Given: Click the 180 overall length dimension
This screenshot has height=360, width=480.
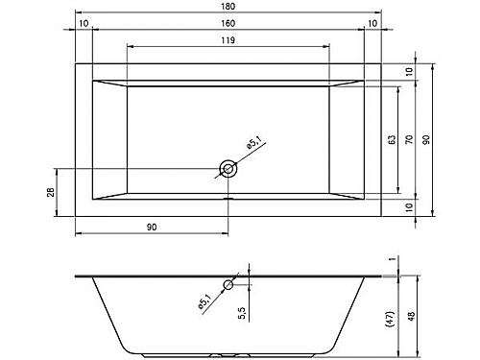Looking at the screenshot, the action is click(228, 7).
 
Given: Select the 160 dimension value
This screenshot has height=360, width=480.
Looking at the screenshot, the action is click(228, 23).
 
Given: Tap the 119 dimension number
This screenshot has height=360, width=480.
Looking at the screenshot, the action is click(228, 40).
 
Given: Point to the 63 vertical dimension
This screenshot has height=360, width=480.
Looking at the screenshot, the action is click(392, 139).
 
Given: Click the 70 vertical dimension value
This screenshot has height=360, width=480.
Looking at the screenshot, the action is click(409, 139).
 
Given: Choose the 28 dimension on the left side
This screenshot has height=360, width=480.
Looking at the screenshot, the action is click(51, 192).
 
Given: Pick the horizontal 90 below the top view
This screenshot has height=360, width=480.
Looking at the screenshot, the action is click(152, 228).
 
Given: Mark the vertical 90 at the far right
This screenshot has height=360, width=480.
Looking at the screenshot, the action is click(426, 139).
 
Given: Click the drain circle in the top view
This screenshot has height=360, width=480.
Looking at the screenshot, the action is click(228, 168).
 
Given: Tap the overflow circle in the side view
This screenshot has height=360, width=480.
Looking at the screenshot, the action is click(228, 284).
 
